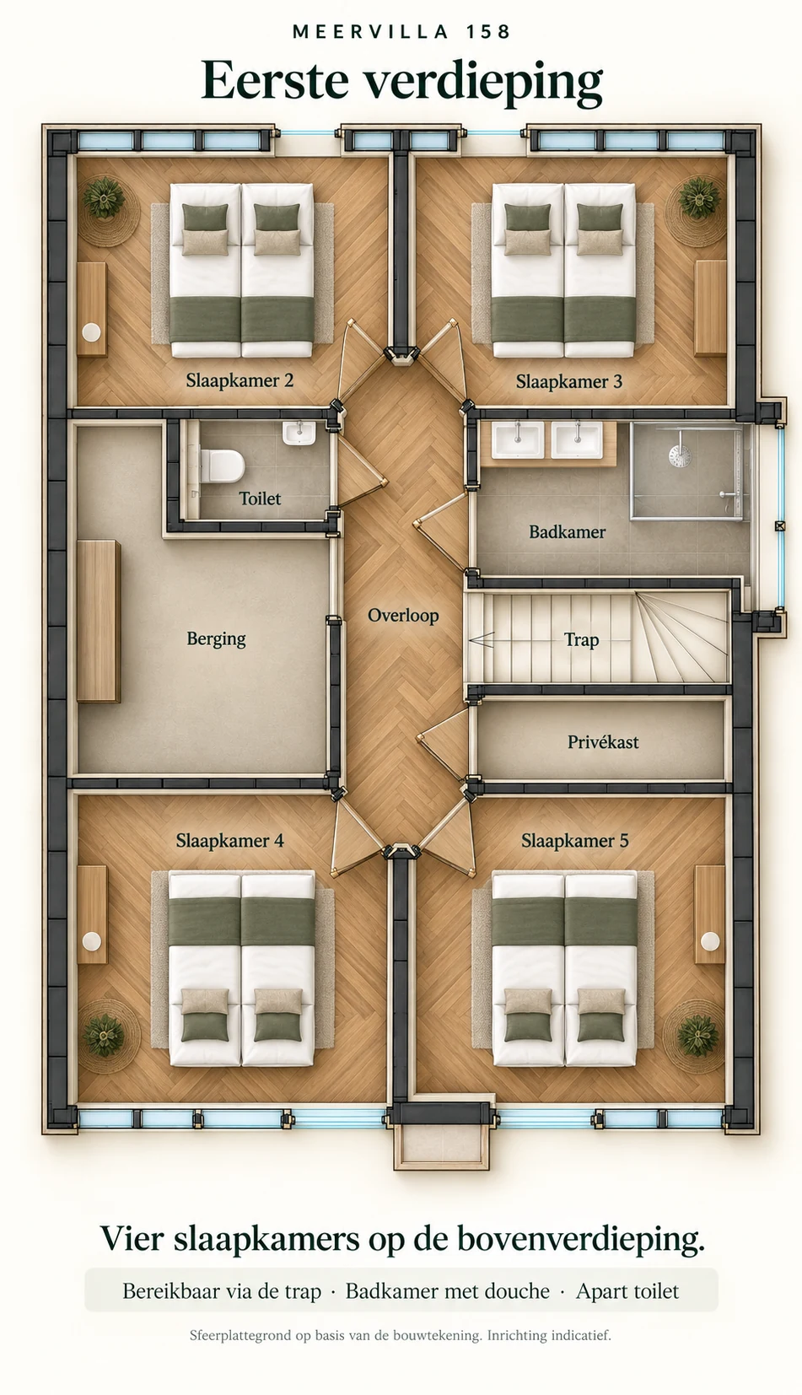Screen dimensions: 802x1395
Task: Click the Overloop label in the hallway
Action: coord(403,616)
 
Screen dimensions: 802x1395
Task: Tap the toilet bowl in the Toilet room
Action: coord(223,466)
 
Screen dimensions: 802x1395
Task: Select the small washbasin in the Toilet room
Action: coord(299,432)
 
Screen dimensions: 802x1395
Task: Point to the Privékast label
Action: coord(603,741)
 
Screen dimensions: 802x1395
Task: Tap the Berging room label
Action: coord(216,639)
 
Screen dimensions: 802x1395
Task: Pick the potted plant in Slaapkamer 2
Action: coord(104,198)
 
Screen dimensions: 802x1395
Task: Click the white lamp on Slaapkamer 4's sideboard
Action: coord(92,941)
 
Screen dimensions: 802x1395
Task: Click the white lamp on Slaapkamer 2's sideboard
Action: coord(92,332)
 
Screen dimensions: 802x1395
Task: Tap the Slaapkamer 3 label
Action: coord(569,382)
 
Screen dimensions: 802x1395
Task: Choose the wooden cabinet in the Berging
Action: coord(99,621)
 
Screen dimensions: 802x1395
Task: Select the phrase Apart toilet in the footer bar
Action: coord(627,1291)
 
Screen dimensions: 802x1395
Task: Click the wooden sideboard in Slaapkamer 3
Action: coord(710,309)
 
